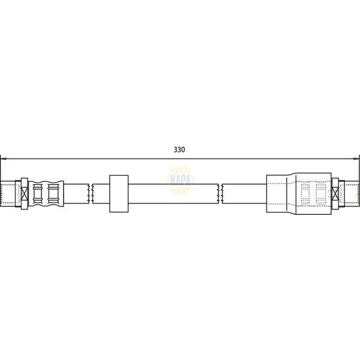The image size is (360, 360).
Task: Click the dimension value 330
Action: (x=179, y=151)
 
